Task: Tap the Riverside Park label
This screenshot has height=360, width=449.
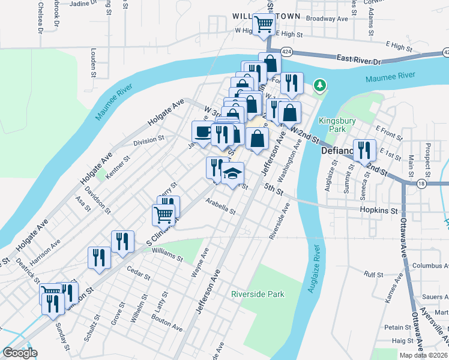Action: [x=258, y=294]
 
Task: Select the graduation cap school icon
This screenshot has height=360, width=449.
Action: [x=232, y=174]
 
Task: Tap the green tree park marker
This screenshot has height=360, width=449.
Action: [x=321, y=86]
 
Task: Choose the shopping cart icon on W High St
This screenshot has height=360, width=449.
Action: [x=263, y=25]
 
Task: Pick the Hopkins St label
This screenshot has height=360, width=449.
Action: [x=379, y=211]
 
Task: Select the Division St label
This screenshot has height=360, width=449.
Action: [x=148, y=140]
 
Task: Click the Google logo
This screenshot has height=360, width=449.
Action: [x=20, y=353]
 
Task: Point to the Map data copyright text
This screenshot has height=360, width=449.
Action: [x=422, y=355]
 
